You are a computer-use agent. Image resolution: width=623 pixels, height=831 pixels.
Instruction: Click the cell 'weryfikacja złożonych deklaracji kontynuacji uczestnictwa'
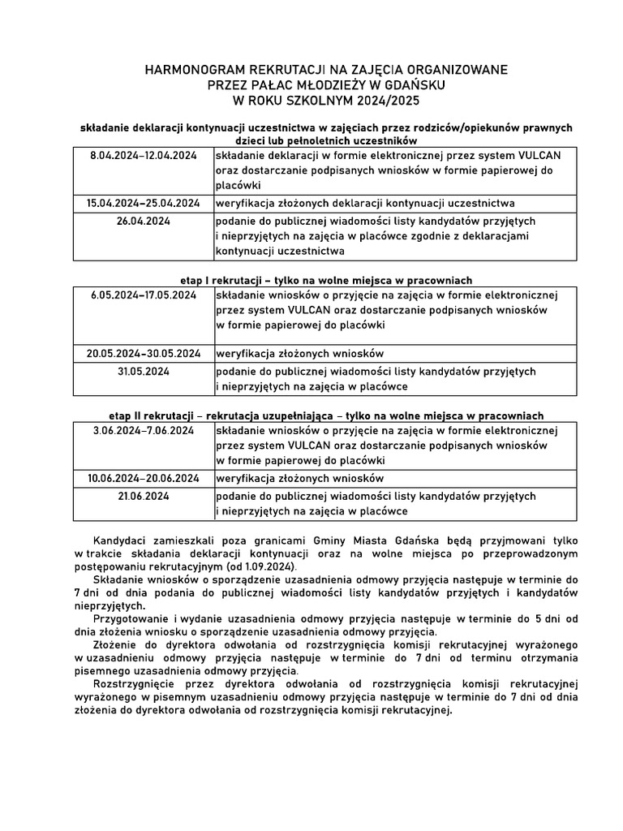point(364,203)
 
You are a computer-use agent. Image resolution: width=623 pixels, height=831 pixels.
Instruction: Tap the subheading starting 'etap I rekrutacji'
point(325,279)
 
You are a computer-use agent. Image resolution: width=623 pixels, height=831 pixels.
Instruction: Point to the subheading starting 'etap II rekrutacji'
point(325,415)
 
